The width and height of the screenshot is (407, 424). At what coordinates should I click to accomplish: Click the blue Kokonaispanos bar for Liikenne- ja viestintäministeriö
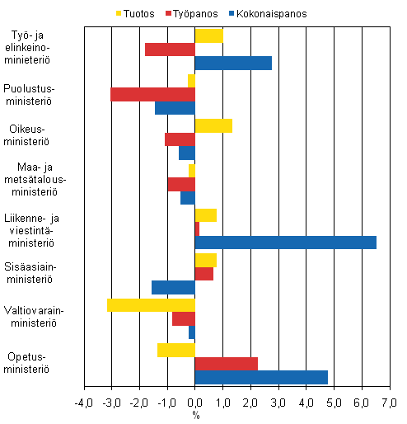(286, 243)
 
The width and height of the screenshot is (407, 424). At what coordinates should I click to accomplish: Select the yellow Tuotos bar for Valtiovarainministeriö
(151, 304)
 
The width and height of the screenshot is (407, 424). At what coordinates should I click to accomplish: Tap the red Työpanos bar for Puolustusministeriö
(152, 94)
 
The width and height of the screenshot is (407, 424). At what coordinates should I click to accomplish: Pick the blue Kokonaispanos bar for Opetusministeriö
(261, 377)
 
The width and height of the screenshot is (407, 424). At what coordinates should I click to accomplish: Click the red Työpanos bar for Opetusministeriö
(227, 364)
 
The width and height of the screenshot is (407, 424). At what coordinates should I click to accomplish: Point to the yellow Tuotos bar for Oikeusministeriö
(213, 125)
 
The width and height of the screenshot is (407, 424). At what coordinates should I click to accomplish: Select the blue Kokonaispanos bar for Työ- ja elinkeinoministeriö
(233, 63)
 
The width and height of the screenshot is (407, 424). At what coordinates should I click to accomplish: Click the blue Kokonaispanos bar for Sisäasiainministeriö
(173, 287)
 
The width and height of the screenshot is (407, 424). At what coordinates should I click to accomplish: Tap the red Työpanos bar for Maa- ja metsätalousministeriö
(181, 184)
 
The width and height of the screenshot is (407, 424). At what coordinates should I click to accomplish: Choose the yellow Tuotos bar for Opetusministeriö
(176, 350)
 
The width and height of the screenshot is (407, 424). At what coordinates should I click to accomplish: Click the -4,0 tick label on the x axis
(84, 402)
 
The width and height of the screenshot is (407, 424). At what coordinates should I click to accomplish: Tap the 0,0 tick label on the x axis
(195, 402)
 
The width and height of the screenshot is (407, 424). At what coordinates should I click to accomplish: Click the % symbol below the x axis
(196, 414)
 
